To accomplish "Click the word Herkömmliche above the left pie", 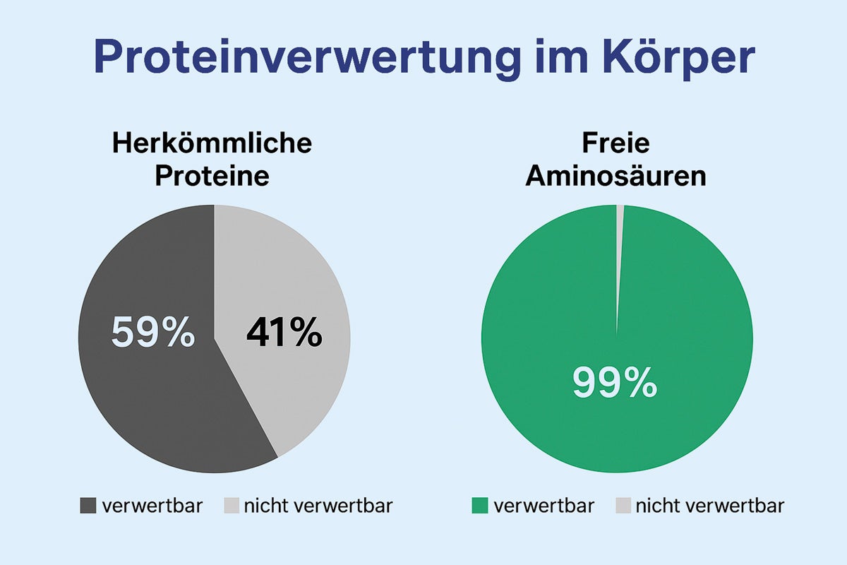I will click(x=212, y=144).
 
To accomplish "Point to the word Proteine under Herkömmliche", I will click(x=212, y=176).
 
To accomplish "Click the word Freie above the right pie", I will click(x=615, y=144).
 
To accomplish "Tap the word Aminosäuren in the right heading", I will click(x=615, y=176).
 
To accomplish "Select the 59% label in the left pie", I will click(x=152, y=333).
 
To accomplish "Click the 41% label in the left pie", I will click(x=284, y=333).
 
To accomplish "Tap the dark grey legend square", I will click(x=88, y=506).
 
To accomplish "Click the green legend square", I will click(x=480, y=506).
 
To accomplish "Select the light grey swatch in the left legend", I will click(x=232, y=506).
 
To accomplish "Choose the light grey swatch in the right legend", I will click(x=623, y=506).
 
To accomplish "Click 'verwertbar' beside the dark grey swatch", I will click(x=152, y=506).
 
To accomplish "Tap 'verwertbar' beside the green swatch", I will click(x=543, y=506).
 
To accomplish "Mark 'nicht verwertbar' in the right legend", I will click(x=709, y=506).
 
